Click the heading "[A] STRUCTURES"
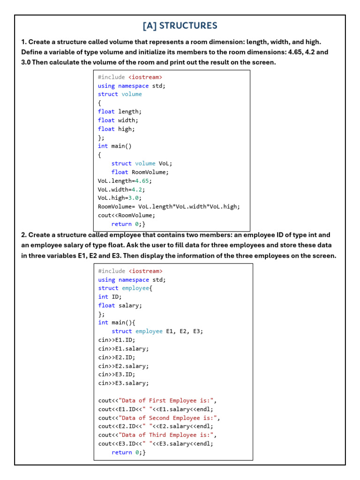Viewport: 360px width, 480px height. (x=180, y=26)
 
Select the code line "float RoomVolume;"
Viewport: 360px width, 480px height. (x=140, y=172)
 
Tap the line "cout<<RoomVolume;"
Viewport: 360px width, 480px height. (x=126, y=215)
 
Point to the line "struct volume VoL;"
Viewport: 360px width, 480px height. (x=142, y=164)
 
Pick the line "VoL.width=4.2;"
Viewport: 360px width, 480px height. (x=121, y=189)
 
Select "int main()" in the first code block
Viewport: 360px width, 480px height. (x=115, y=146)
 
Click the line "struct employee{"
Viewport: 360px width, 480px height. (x=125, y=288)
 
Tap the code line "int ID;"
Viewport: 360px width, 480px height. (x=110, y=297)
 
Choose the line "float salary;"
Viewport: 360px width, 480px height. (x=120, y=306)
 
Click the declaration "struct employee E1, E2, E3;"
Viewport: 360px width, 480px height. (x=157, y=331)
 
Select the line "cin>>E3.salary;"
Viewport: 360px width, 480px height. (x=123, y=383)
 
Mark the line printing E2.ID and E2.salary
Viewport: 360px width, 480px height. (x=156, y=427)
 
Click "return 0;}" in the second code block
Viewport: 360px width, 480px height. (x=128, y=452)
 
